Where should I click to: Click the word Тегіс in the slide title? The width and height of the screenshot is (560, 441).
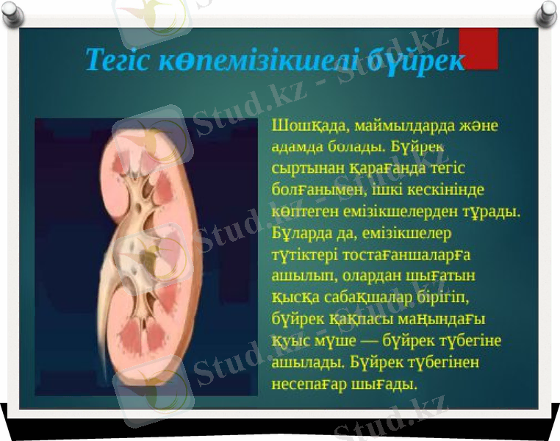[118, 60]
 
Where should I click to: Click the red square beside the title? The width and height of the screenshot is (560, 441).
[478, 49]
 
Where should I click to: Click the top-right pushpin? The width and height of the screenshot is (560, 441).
[547, 11]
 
